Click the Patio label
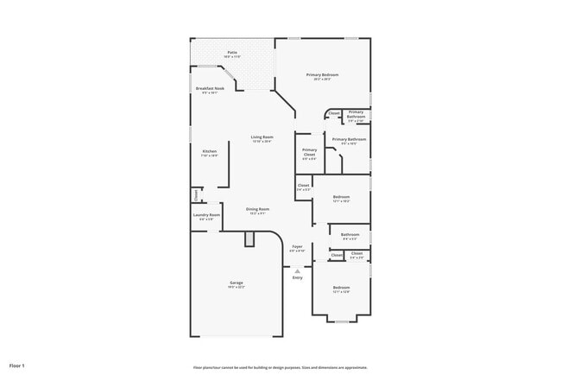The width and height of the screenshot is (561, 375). [232, 53]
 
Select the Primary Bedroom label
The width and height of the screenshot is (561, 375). [323, 75]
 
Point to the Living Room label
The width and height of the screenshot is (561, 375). [262, 137]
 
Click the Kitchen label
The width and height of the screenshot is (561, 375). [210, 151]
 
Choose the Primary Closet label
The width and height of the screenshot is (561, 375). [309, 152]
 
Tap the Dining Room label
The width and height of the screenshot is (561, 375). [258, 209]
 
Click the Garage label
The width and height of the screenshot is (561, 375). [236, 283]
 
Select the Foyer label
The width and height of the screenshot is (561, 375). [297, 246]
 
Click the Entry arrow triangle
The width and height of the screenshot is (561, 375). [297, 270]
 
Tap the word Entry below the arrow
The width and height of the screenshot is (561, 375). [297, 278]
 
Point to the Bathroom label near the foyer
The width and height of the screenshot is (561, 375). [350, 235]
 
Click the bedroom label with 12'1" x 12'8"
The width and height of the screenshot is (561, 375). [342, 288]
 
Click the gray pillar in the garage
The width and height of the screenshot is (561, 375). [249, 239]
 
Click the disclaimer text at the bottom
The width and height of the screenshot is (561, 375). [280, 367]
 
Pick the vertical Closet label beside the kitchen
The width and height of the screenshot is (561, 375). [195, 194]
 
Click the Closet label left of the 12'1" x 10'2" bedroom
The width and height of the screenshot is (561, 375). [303, 187]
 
